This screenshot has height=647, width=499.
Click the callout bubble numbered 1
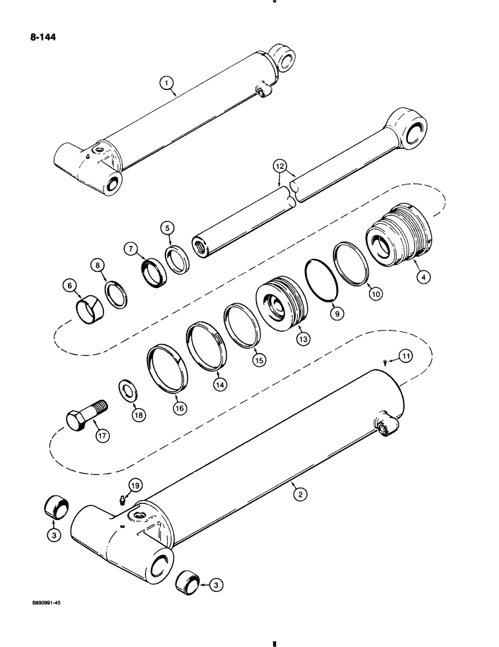click(x=167, y=82)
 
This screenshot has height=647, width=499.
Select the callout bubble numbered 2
click(x=298, y=494)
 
